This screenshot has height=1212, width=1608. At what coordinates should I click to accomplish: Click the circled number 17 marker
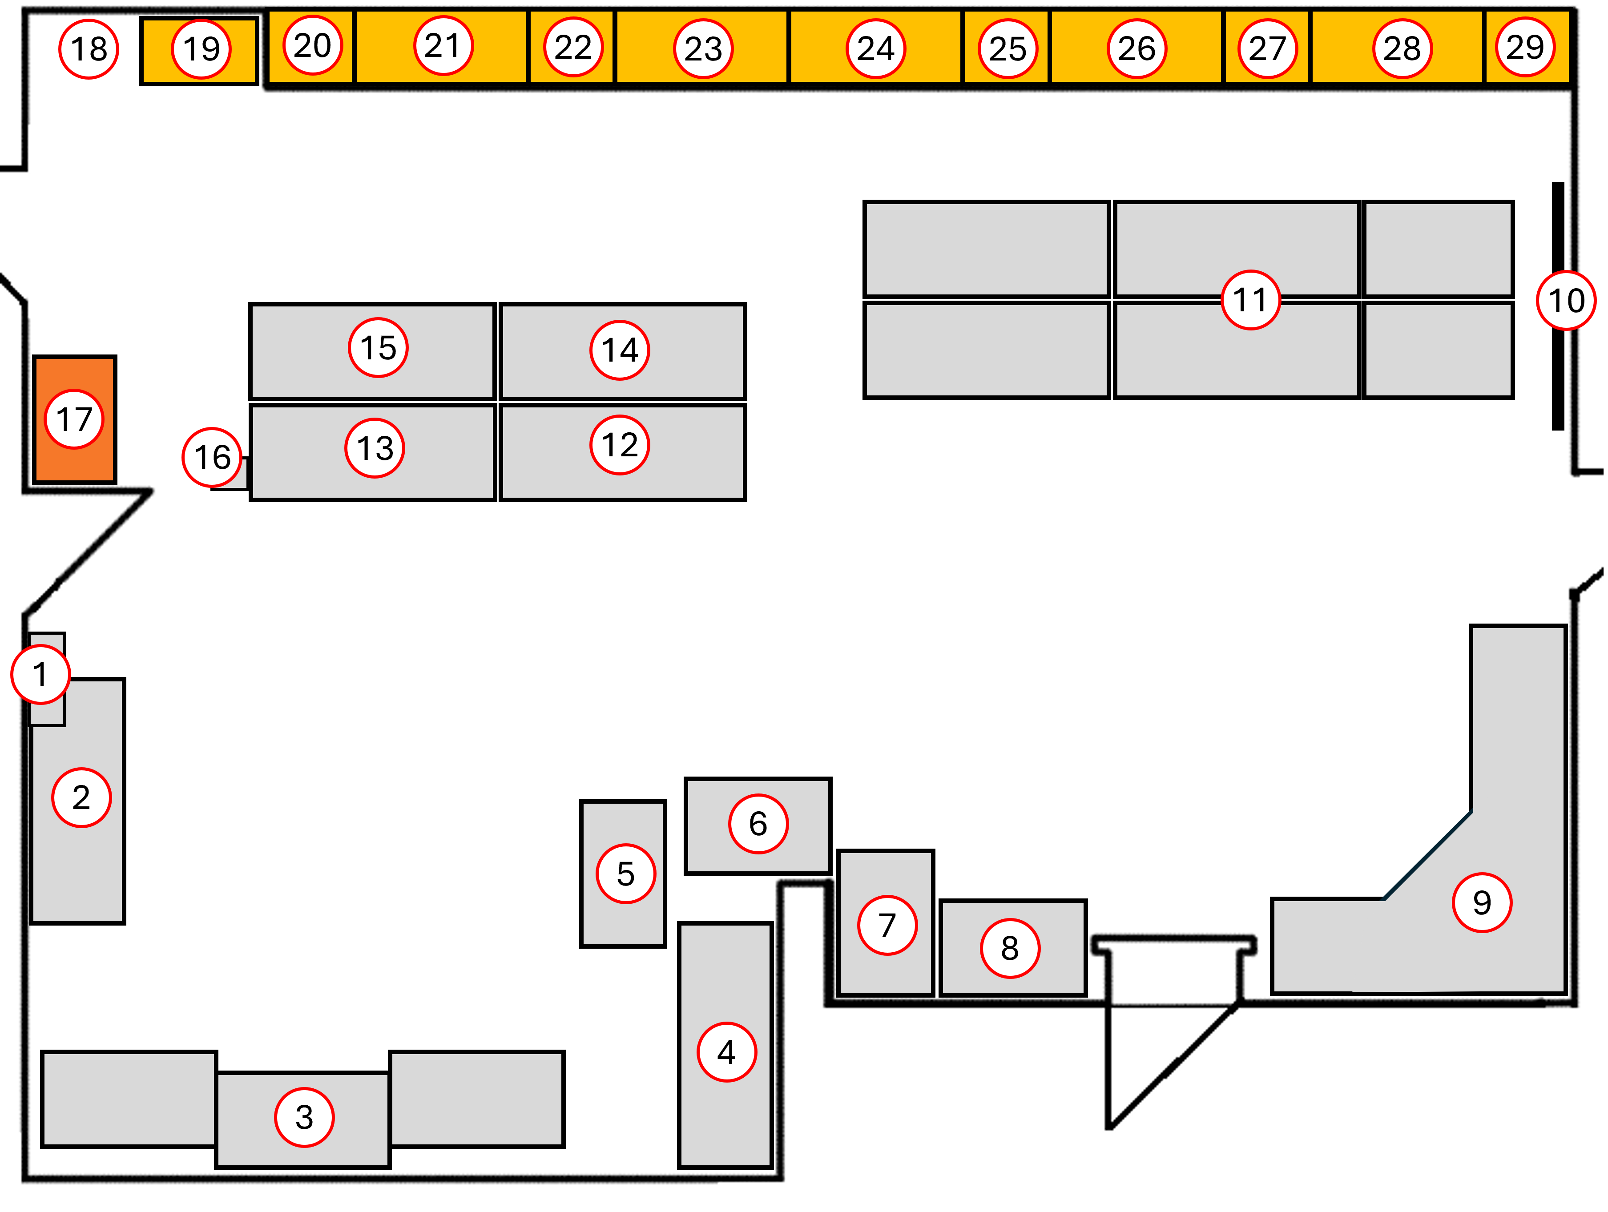pos(74,419)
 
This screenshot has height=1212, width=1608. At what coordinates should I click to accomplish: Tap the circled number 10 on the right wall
pos(1566,300)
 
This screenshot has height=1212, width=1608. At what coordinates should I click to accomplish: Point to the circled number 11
pos(1250,299)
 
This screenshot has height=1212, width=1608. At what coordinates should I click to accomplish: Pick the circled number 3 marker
pos(304,1117)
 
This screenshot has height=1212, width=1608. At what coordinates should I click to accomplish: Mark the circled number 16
pos(212,457)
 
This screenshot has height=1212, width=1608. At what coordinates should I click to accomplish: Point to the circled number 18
pos(89,49)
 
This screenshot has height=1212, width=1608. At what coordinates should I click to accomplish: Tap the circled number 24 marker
pos(875,49)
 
